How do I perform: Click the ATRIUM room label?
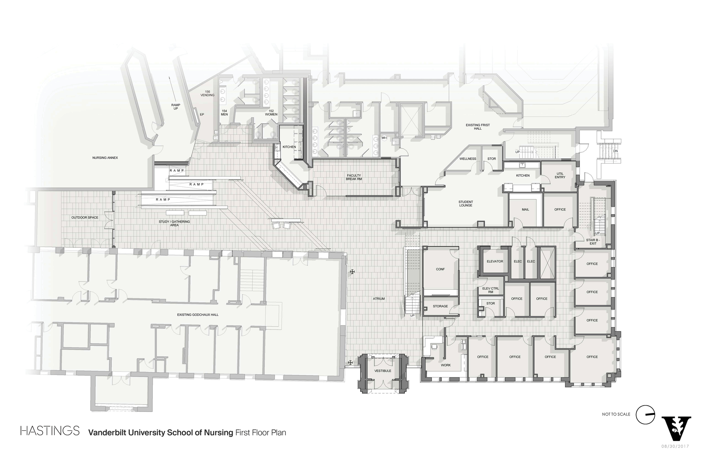pos(379,299)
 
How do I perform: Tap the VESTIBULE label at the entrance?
pos(383,371)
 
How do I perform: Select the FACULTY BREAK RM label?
pos(354,177)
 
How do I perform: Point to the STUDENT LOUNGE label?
pos(466,204)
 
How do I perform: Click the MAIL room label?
pos(526,210)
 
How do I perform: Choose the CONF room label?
pos(440,269)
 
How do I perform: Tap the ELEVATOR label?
pos(495,261)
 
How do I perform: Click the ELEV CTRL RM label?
pos(491,290)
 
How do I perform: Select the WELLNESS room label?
pos(468,159)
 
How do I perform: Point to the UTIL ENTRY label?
pos(560,175)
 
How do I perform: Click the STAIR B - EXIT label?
pos(593,242)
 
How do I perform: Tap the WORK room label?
pos(446,365)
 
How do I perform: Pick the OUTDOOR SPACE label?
pos(85,218)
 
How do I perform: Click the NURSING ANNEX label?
pos(105,158)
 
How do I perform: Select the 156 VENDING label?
pos(207,93)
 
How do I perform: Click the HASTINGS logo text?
pos(50,431)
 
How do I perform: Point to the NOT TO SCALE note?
pos(616,414)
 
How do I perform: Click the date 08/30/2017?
pos(675,446)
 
